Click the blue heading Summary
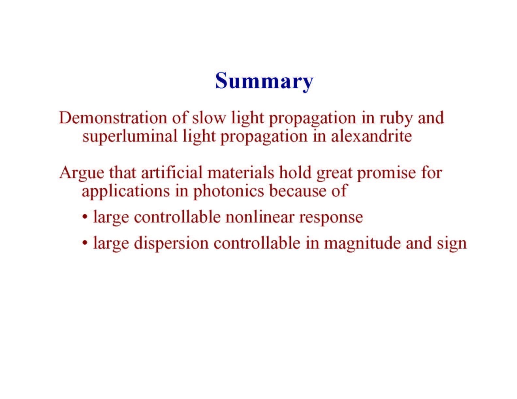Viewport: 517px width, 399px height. click(x=264, y=81)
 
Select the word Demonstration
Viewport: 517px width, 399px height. click(x=113, y=118)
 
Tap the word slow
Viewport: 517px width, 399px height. click(x=209, y=118)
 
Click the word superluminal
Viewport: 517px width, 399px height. click(x=130, y=136)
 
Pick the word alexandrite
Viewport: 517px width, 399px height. click(x=371, y=136)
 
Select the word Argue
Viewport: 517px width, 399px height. click(x=82, y=173)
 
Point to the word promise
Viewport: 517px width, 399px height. click(x=387, y=174)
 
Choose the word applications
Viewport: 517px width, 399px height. click(x=126, y=192)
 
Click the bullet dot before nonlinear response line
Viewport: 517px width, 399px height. click(x=85, y=217)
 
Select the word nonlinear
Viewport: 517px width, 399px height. click(x=259, y=217)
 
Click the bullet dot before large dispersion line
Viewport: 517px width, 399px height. click(x=85, y=243)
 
